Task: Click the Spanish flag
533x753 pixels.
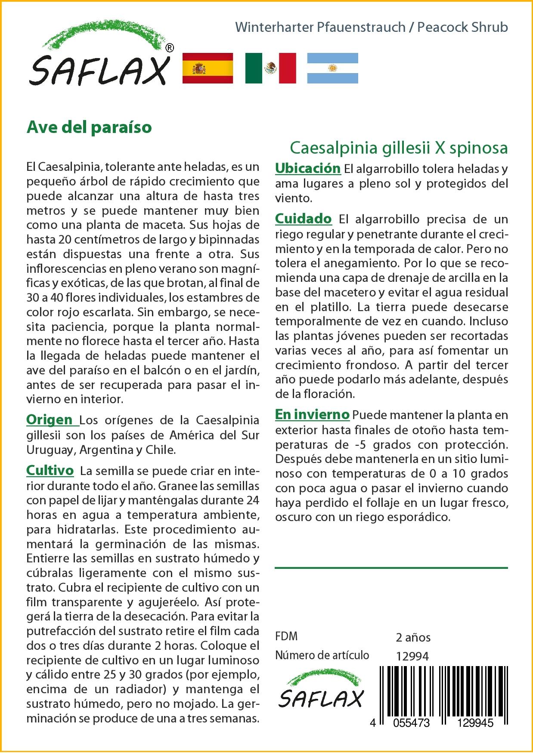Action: click(x=208, y=68)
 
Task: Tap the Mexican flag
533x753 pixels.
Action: click(x=270, y=68)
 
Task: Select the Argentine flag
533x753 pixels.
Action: click(x=332, y=68)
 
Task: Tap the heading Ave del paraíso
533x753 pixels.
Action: click(x=89, y=127)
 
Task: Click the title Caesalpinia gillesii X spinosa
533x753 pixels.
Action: click(x=399, y=148)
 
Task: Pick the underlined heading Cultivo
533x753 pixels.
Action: click(x=50, y=470)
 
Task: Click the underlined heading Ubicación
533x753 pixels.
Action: click(x=307, y=168)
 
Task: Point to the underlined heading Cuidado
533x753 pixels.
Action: click(x=303, y=219)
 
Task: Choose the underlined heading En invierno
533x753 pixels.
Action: click(x=312, y=415)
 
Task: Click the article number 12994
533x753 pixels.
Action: click(x=412, y=656)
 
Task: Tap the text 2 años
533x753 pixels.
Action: click(x=413, y=637)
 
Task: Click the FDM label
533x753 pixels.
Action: click(x=286, y=636)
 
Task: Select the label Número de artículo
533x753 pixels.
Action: click(x=322, y=655)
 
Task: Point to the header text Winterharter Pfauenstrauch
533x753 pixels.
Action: click(x=320, y=28)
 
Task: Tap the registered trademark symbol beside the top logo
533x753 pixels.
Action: click(x=170, y=48)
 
